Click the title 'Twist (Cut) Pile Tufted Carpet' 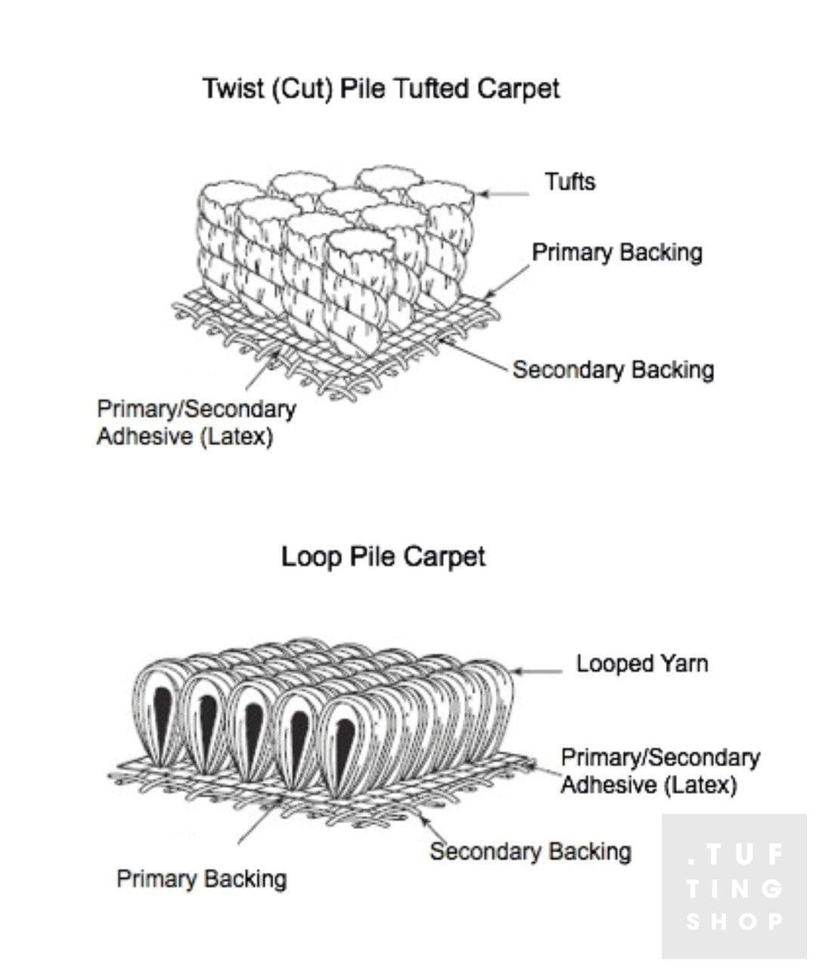(x=381, y=89)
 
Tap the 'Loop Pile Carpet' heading (x=383, y=557)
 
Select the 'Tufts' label (x=570, y=182)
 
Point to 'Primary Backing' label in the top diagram (x=617, y=253)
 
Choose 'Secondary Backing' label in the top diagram (x=613, y=370)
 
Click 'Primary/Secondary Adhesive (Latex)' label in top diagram (x=196, y=423)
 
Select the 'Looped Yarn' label (x=642, y=664)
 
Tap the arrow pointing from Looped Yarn (x=538, y=670)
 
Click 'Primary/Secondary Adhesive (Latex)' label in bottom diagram (x=659, y=771)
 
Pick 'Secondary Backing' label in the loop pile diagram (x=530, y=852)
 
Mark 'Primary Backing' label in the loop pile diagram (x=202, y=879)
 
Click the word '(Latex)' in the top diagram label (x=237, y=437)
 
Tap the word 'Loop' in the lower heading (x=311, y=557)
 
